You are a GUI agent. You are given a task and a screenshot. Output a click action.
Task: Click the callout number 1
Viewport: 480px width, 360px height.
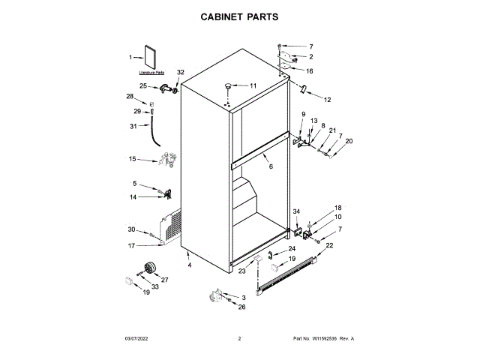(130, 58)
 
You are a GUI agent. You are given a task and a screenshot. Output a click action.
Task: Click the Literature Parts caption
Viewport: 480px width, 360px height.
(151, 73)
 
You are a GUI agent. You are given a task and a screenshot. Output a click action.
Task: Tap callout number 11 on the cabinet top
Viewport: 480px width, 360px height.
(252, 86)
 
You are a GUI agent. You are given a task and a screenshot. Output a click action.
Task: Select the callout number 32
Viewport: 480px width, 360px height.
(180, 72)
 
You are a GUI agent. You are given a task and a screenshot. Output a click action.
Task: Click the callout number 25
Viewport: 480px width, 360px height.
(143, 86)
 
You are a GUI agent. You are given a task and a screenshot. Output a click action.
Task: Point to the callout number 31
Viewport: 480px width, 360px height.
(133, 126)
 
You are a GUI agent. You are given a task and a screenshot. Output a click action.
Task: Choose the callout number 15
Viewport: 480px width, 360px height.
(132, 159)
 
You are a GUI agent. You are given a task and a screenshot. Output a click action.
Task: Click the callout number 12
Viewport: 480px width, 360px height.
(328, 99)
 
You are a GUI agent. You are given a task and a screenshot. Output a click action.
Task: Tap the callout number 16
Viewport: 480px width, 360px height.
(309, 71)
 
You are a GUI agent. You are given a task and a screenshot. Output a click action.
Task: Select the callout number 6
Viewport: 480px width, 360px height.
(271, 166)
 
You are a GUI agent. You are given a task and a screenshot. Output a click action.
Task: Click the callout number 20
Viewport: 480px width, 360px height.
(348, 141)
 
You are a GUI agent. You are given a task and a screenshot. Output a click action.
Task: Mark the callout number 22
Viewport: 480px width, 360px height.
(329, 245)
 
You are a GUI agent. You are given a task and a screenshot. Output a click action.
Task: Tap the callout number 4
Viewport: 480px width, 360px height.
(190, 265)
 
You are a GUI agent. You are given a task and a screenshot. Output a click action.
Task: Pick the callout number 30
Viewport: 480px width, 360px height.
(131, 229)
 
